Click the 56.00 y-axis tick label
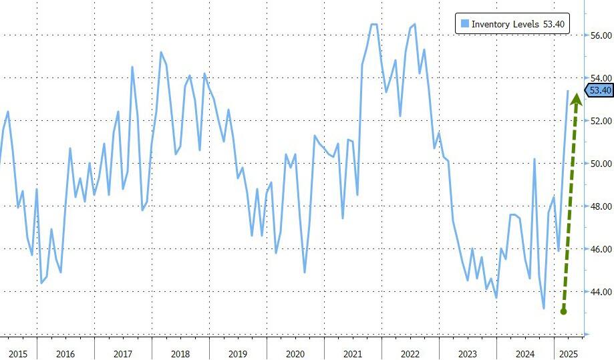(599, 35)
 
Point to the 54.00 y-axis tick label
(599, 78)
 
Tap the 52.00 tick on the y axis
(599, 121)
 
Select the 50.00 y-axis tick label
(599, 164)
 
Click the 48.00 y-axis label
(599, 206)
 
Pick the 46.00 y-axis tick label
(599, 249)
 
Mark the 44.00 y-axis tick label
(599, 292)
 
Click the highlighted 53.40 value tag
(599, 91)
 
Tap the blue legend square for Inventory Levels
(464, 24)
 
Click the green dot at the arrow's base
(563, 311)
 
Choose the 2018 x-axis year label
(180, 351)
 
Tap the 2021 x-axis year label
(352, 351)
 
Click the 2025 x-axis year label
(567, 351)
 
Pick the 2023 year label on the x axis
(467, 351)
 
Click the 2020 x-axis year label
(295, 351)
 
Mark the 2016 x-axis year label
(65, 351)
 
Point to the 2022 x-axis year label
(410, 351)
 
